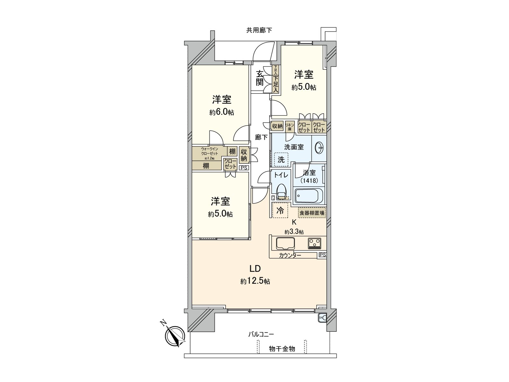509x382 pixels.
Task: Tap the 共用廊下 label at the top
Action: click(259, 31)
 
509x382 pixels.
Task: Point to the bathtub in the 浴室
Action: click(309, 195)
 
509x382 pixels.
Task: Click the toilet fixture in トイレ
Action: click(282, 191)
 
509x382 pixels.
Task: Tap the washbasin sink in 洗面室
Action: click(319, 148)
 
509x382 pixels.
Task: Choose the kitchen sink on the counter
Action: click(286, 244)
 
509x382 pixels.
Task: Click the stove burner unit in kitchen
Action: click(315, 244)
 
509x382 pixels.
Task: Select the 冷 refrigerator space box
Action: click(280, 210)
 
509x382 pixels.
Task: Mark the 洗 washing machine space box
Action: click(281, 159)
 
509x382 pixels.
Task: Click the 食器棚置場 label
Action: click(312, 213)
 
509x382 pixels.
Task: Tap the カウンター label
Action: click(290, 255)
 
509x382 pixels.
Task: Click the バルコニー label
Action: click(261, 334)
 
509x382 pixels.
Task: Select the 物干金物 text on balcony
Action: click(282, 349)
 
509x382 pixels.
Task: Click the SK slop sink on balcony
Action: click(322, 318)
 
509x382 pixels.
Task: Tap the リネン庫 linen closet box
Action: click(290, 127)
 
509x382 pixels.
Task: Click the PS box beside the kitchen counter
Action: click(322, 255)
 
